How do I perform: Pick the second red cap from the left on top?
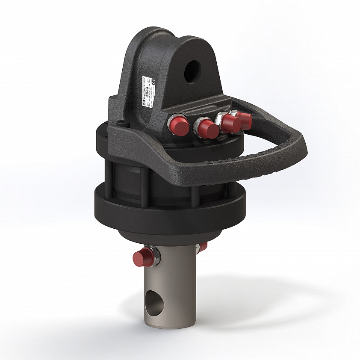207,129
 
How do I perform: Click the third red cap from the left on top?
231,123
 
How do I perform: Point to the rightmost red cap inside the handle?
245,120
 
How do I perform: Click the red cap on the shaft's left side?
140,259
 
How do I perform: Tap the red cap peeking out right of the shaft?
204,246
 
